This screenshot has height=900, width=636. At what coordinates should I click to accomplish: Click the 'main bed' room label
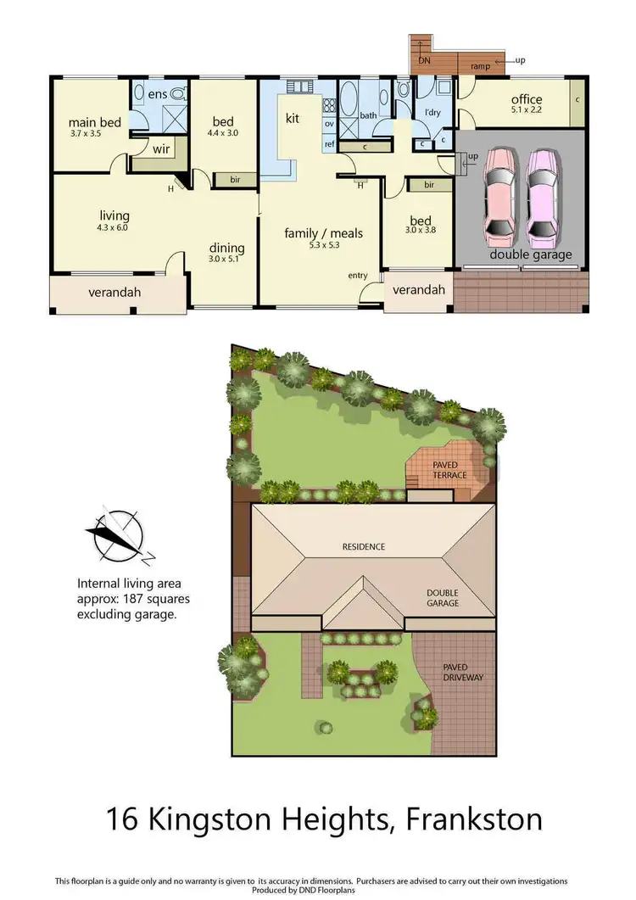[96, 122]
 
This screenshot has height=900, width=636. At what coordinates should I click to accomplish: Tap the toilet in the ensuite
[177, 93]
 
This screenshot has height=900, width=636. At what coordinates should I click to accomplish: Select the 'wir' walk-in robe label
[161, 150]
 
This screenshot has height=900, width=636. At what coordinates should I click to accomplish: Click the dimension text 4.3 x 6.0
[113, 227]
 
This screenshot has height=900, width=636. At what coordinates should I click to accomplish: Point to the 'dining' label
[226, 248]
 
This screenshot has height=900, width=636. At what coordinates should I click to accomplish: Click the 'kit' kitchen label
[293, 119]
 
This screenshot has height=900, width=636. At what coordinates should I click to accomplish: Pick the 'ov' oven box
[329, 124]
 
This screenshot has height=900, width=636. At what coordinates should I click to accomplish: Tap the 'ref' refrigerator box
[329, 144]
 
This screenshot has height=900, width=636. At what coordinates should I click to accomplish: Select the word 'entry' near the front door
[358, 276]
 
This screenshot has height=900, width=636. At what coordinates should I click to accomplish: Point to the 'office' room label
[526, 99]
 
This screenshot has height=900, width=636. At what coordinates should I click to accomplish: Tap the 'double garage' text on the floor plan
[531, 254]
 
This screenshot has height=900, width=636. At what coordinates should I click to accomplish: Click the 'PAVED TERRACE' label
[449, 470]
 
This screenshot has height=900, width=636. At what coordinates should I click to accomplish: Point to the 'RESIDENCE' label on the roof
[364, 547]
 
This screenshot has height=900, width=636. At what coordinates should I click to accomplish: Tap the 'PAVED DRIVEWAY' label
[462, 673]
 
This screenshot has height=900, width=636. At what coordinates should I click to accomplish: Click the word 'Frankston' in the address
[474, 821]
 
